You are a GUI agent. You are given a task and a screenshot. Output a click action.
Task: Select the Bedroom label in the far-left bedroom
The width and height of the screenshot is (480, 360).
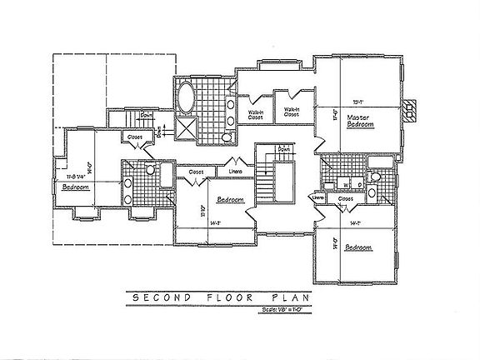(76, 187)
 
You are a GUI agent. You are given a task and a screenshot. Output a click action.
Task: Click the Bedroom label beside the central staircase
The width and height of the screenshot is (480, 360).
(230, 200)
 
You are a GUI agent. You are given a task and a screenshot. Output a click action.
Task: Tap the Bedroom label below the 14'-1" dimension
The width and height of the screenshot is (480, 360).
(357, 247)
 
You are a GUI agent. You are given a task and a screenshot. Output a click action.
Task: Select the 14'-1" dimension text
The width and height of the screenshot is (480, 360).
(354, 223)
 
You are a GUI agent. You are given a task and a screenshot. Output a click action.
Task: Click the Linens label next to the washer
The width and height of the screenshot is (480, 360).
(317, 197)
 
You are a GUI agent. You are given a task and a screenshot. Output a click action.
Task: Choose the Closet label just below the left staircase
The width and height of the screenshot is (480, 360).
(133, 137)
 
